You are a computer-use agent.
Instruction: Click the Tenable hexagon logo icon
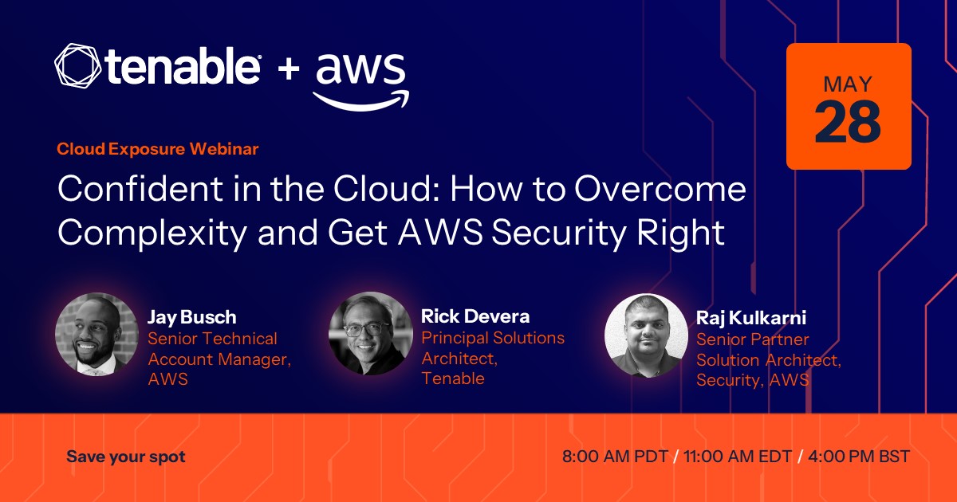click(x=78, y=65)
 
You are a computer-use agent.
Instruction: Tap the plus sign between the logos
click(x=289, y=69)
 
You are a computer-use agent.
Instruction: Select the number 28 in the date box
click(x=848, y=122)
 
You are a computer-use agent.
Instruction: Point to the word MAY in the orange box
click(x=848, y=84)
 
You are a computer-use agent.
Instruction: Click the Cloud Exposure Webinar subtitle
click(x=158, y=149)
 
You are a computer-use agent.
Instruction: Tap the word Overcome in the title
click(x=660, y=189)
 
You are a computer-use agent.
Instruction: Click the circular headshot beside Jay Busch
click(x=97, y=334)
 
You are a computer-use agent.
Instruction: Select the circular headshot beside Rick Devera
click(x=371, y=333)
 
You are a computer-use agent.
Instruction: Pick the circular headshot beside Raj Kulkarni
click(x=647, y=335)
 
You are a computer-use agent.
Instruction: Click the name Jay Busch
click(x=192, y=318)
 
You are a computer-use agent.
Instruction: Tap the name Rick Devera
click(x=475, y=316)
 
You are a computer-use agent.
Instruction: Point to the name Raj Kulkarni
click(x=751, y=318)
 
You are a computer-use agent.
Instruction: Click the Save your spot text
click(x=126, y=457)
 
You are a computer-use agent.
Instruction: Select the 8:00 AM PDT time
click(x=615, y=457)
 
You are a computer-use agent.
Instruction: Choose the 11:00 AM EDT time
click(x=738, y=457)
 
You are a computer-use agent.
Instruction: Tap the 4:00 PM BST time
click(x=859, y=457)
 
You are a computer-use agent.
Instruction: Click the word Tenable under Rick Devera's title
click(x=453, y=378)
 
